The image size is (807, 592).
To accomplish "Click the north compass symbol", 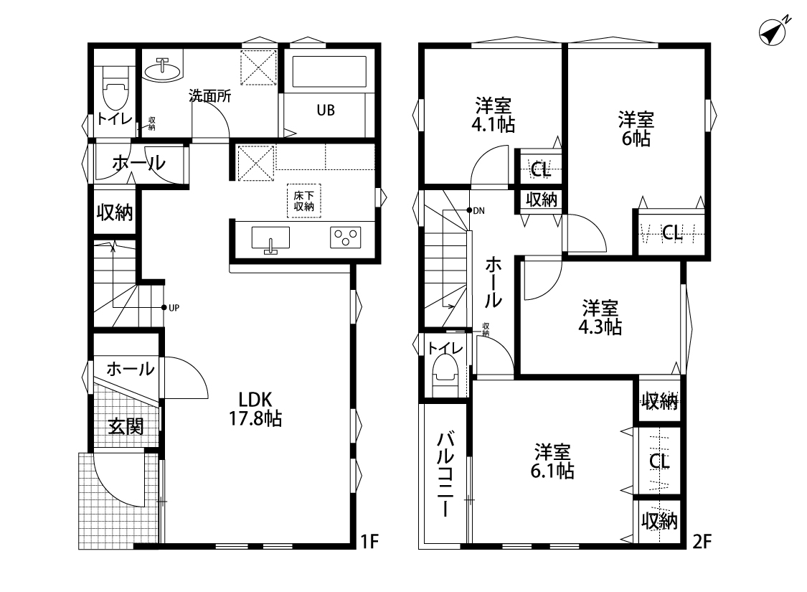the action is point(773,32).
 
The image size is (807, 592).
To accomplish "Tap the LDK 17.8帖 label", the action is point(255,409).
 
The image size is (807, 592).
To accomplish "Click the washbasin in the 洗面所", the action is point(163,70).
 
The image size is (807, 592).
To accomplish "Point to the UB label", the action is point(326,111).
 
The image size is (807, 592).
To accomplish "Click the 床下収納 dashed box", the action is point(304,201).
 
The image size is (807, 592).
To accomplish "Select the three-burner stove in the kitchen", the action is point(345,238).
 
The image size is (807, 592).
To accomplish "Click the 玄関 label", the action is point(126,426).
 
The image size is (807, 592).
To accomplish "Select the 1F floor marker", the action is point(369,542).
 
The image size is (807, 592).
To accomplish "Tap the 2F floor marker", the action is point(702,542).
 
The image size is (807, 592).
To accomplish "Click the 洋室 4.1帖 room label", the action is point(493,116).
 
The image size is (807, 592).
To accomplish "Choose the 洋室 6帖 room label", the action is point(636,129).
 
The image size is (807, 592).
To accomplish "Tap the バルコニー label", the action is point(445,474).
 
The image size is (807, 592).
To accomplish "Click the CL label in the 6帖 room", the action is point(672,234).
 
